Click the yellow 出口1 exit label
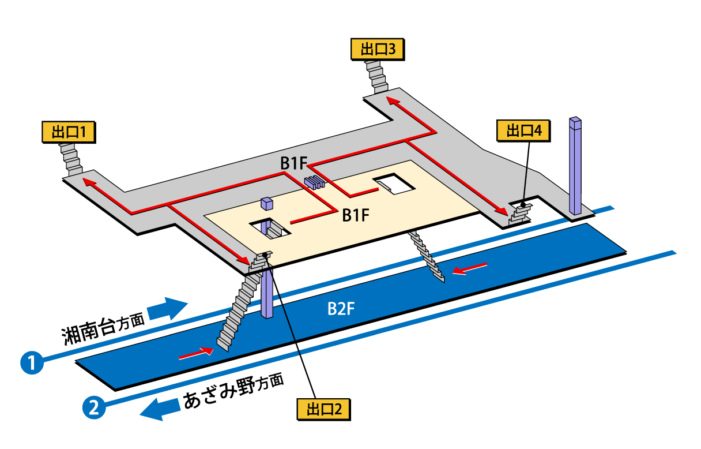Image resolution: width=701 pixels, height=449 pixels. [x=69, y=132]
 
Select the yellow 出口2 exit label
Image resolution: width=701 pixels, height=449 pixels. [x=323, y=409]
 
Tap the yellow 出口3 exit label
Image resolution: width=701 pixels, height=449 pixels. [x=378, y=49]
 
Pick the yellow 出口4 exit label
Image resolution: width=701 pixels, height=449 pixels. [x=523, y=130]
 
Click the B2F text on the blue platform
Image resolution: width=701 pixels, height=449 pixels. [x=341, y=309]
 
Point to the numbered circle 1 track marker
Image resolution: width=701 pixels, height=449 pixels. [x=32, y=363]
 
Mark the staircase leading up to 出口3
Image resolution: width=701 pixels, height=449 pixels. [x=377, y=76]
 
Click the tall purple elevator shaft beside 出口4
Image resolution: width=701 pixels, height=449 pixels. [x=575, y=167]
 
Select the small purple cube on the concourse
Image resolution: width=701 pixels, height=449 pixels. [x=266, y=203]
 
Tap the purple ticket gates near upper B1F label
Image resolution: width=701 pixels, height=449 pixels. [x=315, y=182]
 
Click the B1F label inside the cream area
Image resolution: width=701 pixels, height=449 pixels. [x=355, y=215]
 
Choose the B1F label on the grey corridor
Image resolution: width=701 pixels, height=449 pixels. [x=293, y=164]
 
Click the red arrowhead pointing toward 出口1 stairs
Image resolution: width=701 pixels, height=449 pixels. [x=88, y=182]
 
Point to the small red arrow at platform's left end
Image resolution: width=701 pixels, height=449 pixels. [x=195, y=352]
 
